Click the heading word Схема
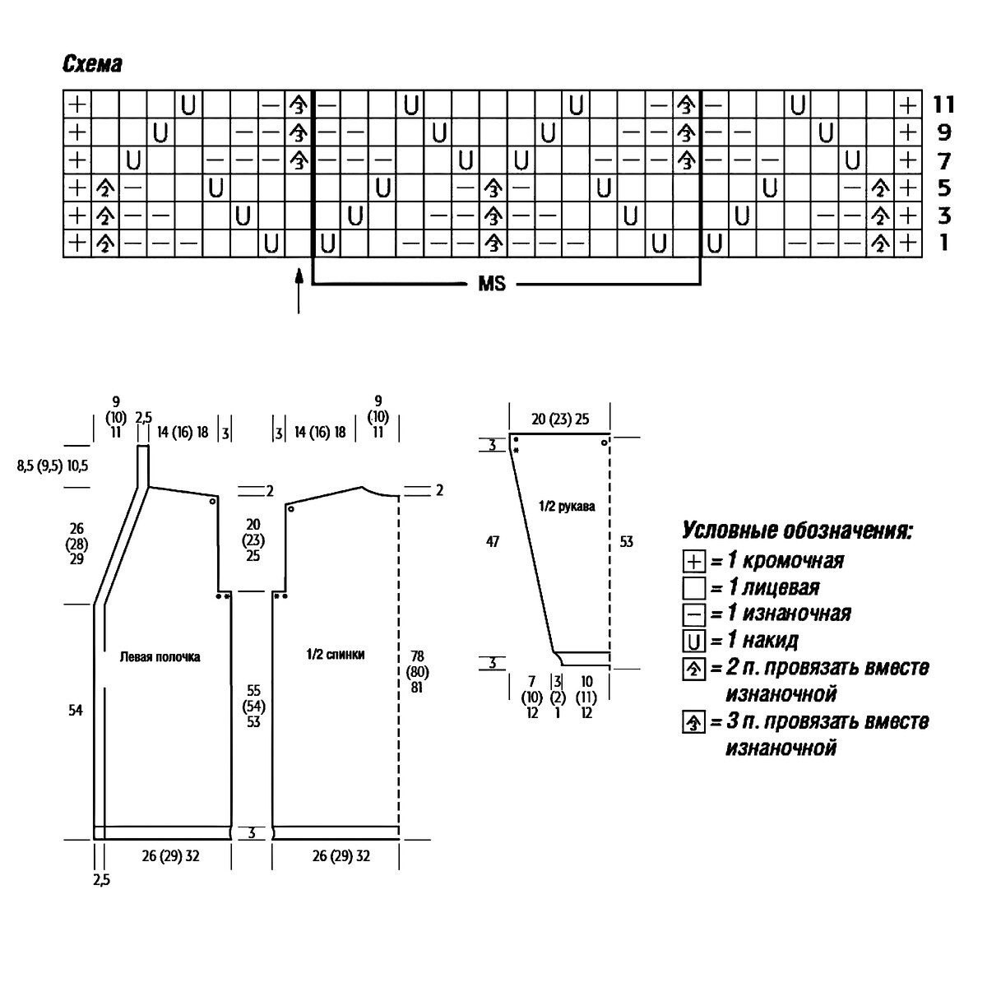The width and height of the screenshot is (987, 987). (x=92, y=64)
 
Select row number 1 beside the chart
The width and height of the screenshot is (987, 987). (x=943, y=243)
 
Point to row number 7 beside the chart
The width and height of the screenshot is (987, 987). (x=943, y=160)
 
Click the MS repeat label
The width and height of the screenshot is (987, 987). (x=492, y=285)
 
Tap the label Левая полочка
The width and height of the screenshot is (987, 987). (x=160, y=657)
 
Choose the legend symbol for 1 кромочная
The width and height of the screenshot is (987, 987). (x=694, y=562)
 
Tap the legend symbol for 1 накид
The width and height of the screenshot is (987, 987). (x=694, y=641)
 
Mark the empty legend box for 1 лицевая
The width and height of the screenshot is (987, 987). (x=694, y=588)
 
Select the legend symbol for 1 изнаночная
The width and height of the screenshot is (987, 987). (x=694, y=614)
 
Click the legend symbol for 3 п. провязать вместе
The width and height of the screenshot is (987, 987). (x=694, y=723)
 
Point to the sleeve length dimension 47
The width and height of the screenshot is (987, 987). (x=493, y=541)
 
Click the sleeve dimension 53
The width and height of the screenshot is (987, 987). (x=627, y=542)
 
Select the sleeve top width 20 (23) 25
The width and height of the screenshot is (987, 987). (x=561, y=419)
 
